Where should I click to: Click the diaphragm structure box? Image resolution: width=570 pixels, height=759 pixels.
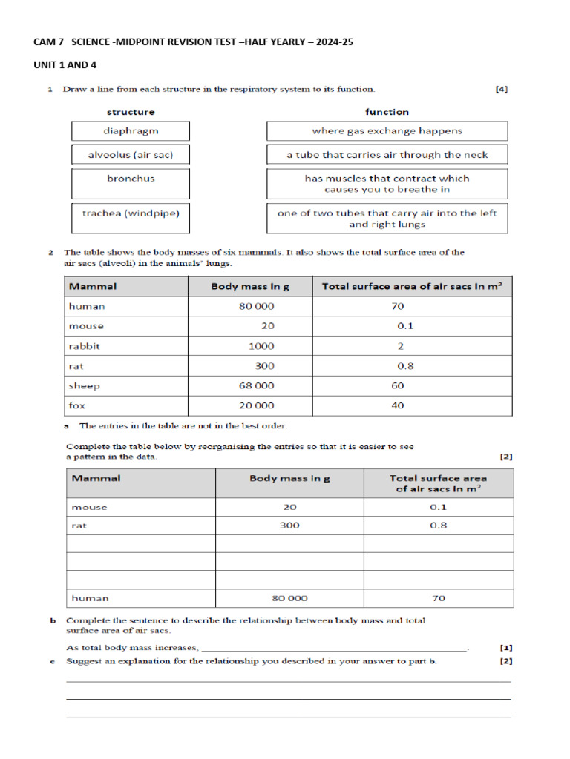pos(131,131)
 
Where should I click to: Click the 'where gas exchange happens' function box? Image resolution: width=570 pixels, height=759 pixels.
pos(387,131)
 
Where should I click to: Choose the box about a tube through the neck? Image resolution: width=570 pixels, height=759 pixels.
pos(387,155)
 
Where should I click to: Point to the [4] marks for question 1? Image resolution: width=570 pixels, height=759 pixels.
pos(502,90)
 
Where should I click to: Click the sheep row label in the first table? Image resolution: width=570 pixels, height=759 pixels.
pos(84,385)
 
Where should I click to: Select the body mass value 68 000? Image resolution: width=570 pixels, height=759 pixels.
pos(255,385)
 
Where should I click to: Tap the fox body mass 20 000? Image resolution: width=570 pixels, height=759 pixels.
pos(255,405)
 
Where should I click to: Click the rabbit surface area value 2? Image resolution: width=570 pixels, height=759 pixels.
pos(401,346)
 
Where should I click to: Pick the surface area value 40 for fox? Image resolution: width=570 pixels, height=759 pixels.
pos(398,405)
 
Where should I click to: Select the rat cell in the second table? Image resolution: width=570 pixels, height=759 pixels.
pos(79,526)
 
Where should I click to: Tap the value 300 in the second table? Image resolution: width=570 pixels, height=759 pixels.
pos(289,526)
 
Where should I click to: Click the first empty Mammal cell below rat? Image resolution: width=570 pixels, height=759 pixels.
pos(141,543)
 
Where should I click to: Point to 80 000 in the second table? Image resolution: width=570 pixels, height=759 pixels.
pos(289,598)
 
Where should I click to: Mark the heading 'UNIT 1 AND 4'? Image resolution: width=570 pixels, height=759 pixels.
pos(65,64)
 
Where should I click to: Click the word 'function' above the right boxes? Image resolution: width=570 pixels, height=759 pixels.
pos(387,112)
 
